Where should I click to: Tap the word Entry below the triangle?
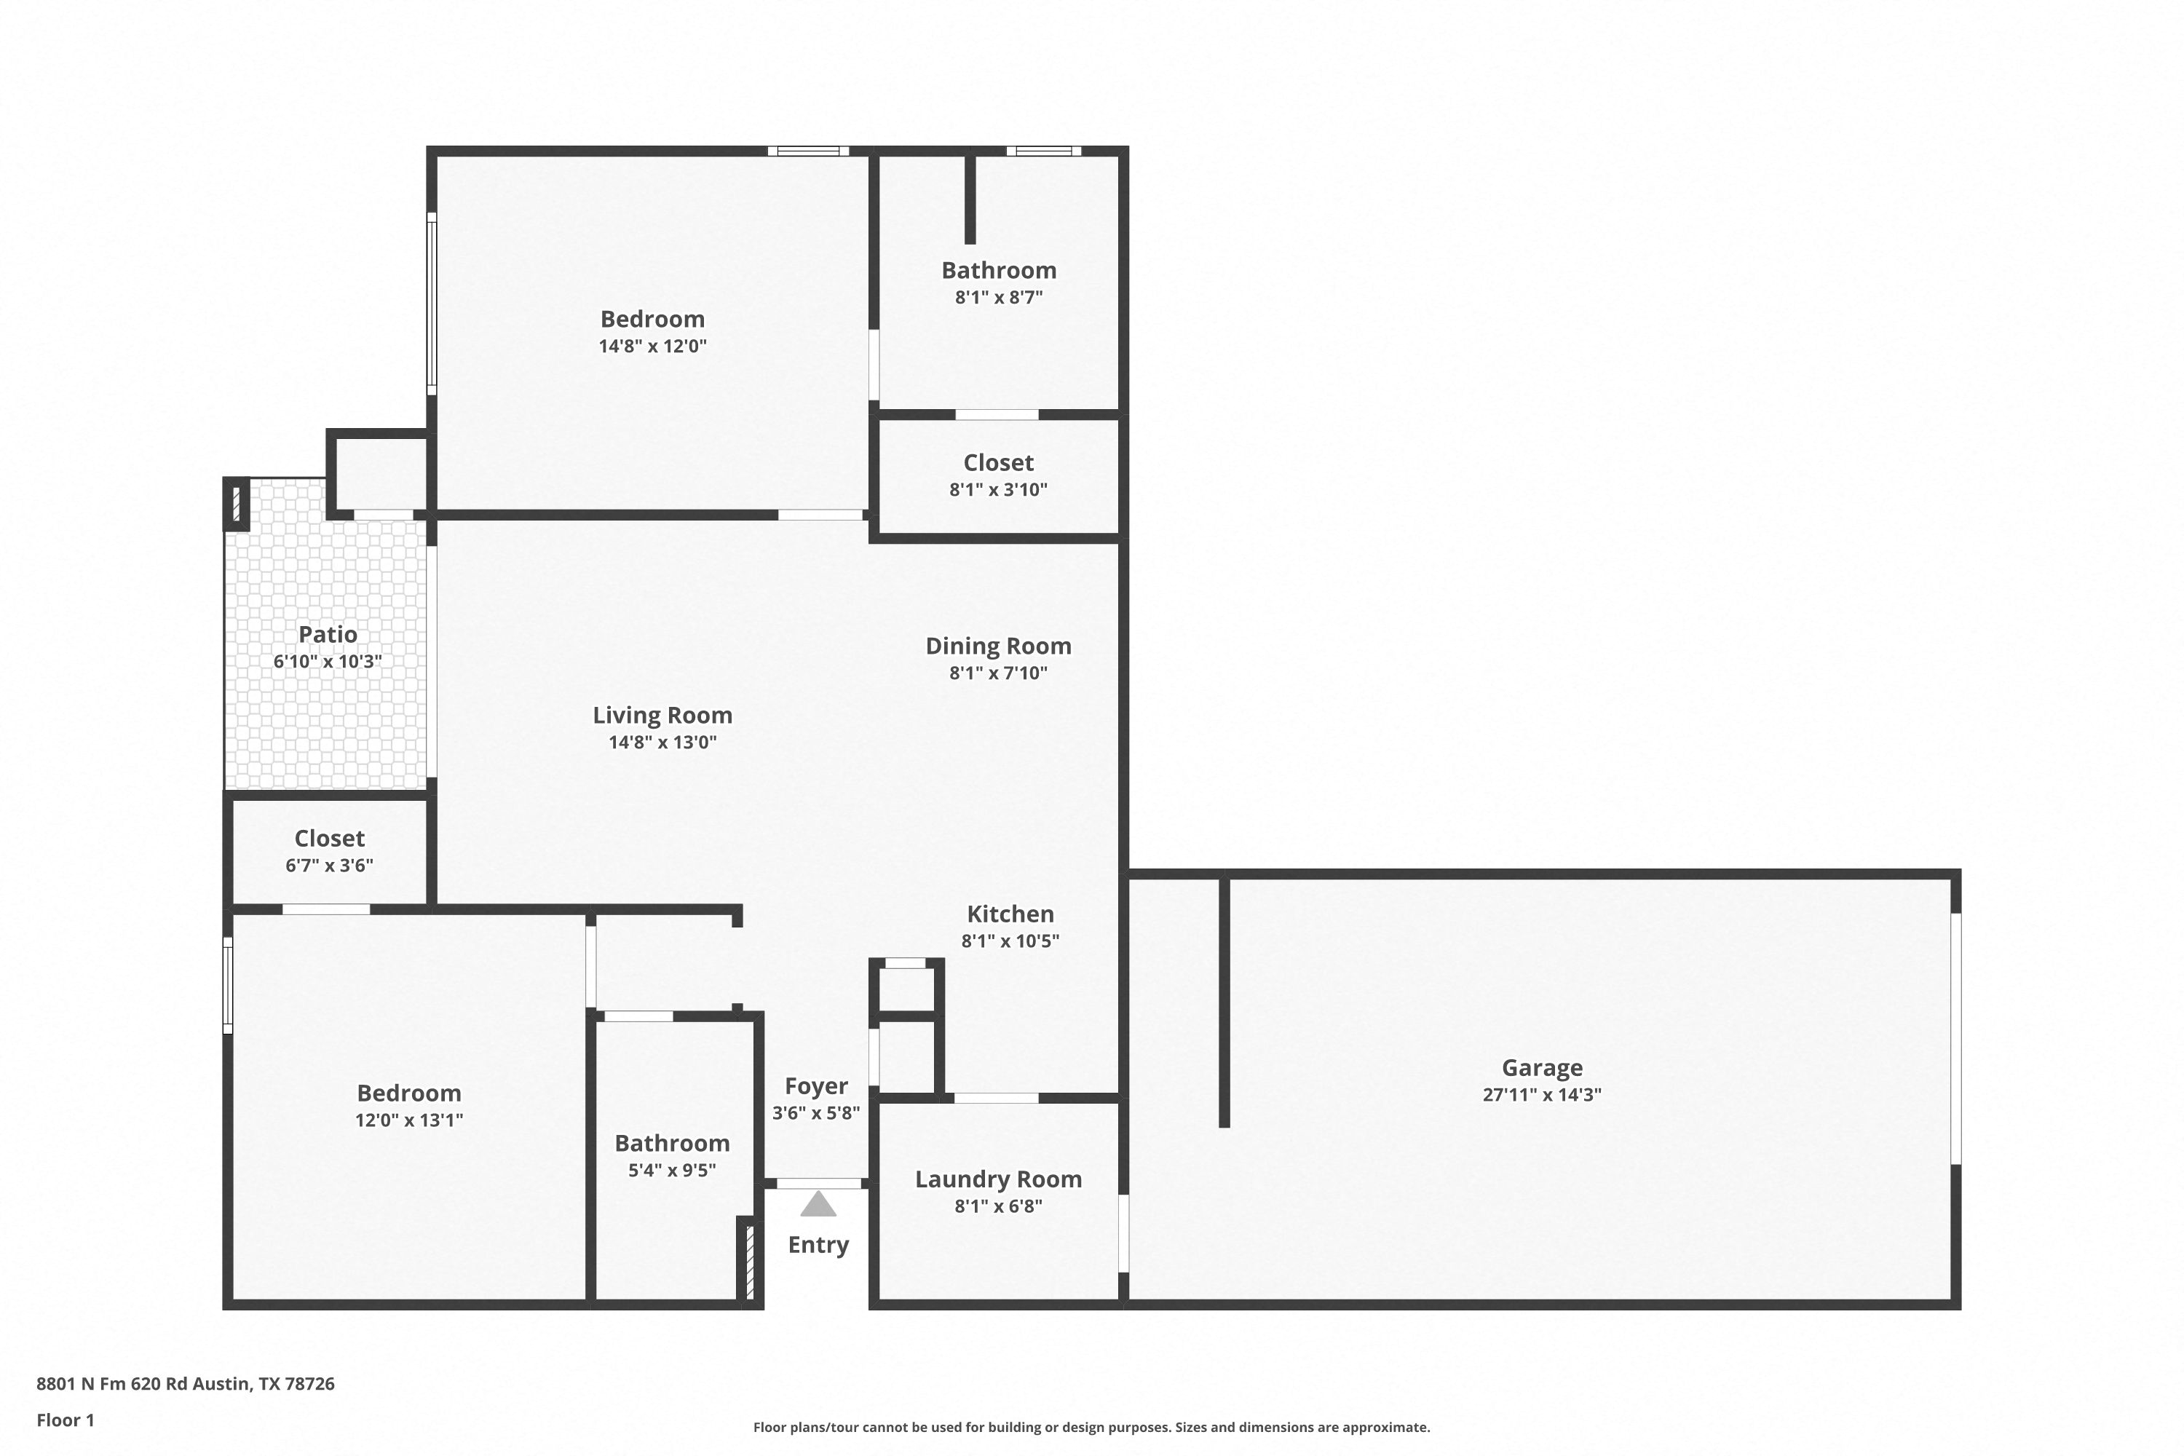[818, 1245]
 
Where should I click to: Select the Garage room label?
[1543, 1068]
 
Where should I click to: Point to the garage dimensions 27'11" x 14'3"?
[1543, 1095]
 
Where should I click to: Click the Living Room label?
[662, 715]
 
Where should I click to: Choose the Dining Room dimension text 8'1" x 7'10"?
[998, 673]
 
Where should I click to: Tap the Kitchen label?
[1010, 914]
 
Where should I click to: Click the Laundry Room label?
[998, 1179]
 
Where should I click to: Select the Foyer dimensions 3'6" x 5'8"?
[816, 1112]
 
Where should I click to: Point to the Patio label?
[328, 634]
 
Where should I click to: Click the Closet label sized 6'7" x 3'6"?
[330, 839]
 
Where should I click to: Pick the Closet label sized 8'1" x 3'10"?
[998, 462]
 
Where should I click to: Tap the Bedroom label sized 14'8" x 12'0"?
[653, 320]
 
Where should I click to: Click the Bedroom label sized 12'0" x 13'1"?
[408, 1093]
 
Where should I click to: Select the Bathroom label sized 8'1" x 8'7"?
[999, 270]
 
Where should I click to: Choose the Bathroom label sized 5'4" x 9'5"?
[672, 1143]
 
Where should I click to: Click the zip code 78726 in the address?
[309, 1384]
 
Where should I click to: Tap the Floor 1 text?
[65, 1420]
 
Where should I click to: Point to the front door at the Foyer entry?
[818, 1183]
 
